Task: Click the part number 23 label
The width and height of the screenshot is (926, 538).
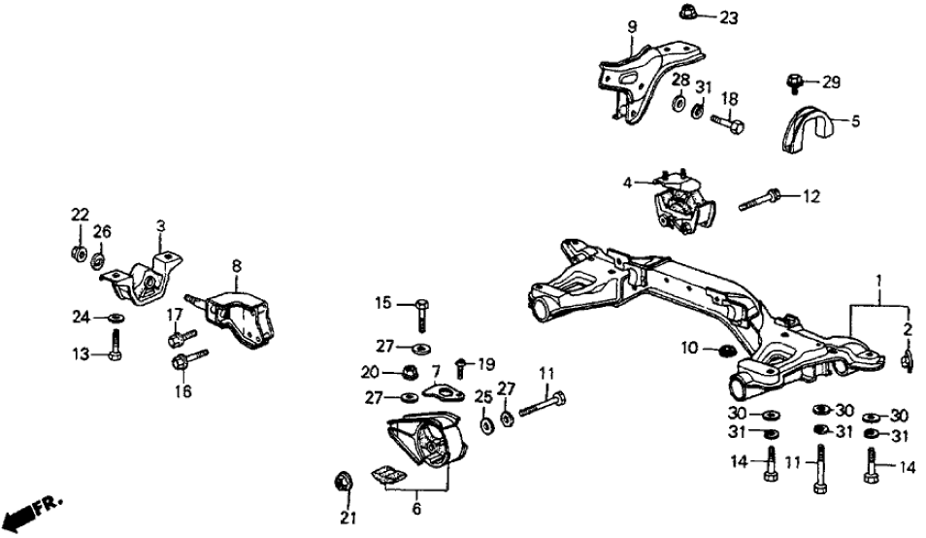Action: [x=728, y=17]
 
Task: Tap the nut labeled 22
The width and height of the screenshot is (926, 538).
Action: [x=79, y=255]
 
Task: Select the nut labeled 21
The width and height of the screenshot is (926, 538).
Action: [x=344, y=480]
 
